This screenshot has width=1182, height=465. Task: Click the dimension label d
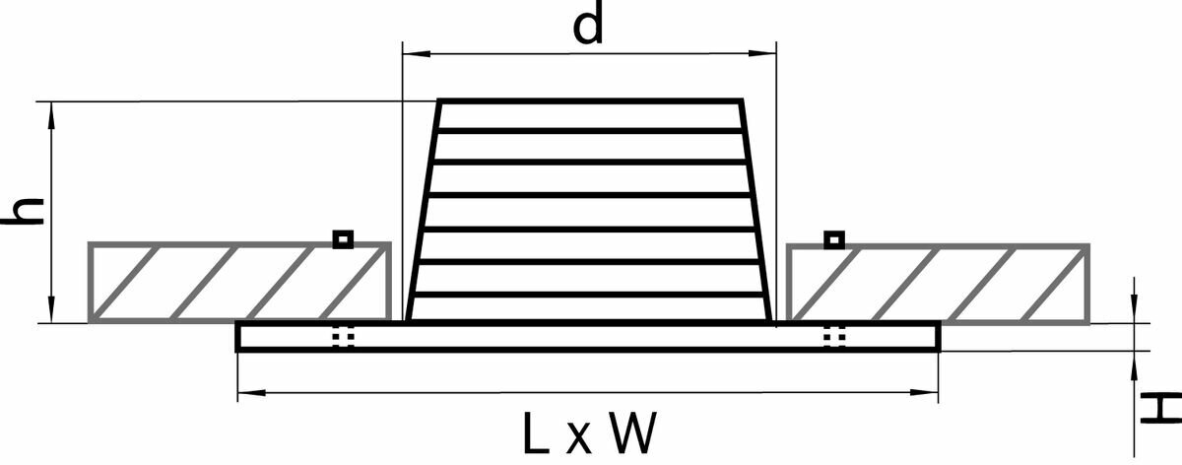click(x=588, y=27)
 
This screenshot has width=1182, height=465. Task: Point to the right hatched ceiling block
click(x=938, y=282)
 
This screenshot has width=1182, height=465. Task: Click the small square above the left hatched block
click(x=342, y=238)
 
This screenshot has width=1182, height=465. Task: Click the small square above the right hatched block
click(x=833, y=238)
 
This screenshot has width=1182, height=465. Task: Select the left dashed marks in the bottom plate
click(x=342, y=337)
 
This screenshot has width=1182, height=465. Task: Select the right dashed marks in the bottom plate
click(x=834, y=337)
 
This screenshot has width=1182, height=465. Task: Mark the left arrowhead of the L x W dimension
click(x=245, y=393)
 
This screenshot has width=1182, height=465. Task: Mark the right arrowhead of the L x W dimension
click(x=930, y=393)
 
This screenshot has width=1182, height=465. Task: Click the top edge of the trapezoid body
click(x=589, y=100)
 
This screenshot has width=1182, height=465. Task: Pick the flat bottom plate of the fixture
click(x=588, y=337)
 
